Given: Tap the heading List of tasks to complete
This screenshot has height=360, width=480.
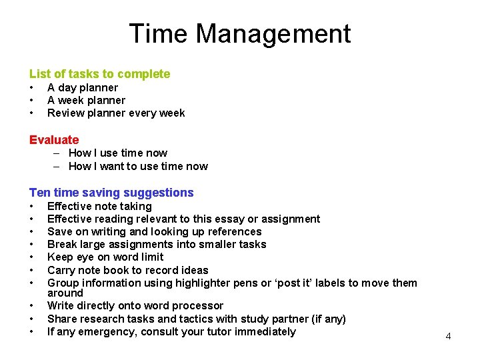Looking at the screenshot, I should pyautogui.click(x=99, y=74).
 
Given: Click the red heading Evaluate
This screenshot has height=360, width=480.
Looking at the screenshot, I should pyautogui.click(x=54, y=140).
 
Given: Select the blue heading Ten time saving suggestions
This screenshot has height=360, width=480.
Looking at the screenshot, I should pyautogui.click(x=111, y=193).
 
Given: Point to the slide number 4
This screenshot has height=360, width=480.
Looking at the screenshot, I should pyautogui.click(x=448, y=336).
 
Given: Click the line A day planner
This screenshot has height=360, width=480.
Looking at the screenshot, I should pyautogui.click(x=83, y=87).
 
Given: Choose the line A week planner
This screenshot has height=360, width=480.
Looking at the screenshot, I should pyautogui.click(x=86, y=100).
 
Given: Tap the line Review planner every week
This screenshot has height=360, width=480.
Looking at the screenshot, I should pyautogui.click(x=116, y=113).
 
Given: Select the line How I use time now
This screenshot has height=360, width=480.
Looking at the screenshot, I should pyautogui.click(x=118, y=153).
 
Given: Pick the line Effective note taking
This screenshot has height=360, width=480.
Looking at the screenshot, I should pyautogui.click(x=99, y=206).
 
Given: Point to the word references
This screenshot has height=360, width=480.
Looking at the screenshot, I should pyautogui.click(x=231, y=231).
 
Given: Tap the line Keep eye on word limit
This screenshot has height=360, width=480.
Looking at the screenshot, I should pyautogui.click(x=105, y=257).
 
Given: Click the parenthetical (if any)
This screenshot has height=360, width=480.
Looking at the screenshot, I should pyautogui.click(x=328, y=319).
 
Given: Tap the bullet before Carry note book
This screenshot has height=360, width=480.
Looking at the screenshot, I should pyautogui.click(x=31, y=270).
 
